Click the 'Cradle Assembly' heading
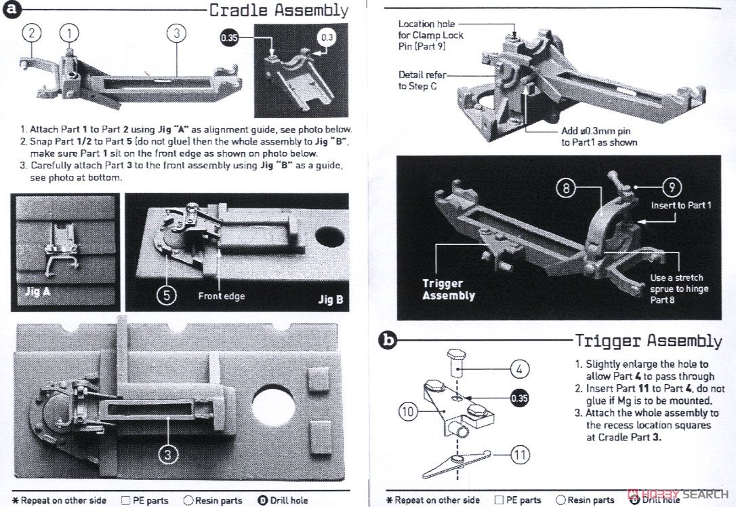pos(279,10)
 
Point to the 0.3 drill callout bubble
pos(327,37)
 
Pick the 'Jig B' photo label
pos(330,299)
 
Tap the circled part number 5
pos(167,295)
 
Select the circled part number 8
pos(567,188)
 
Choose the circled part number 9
pos(671,188)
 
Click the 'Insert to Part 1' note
pos(681,205)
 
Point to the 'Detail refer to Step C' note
pos(422,81)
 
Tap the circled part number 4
pos(518,369)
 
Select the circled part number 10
pos(407,411)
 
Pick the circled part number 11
pos(519,455)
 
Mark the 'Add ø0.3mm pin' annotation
pos(599,136)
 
